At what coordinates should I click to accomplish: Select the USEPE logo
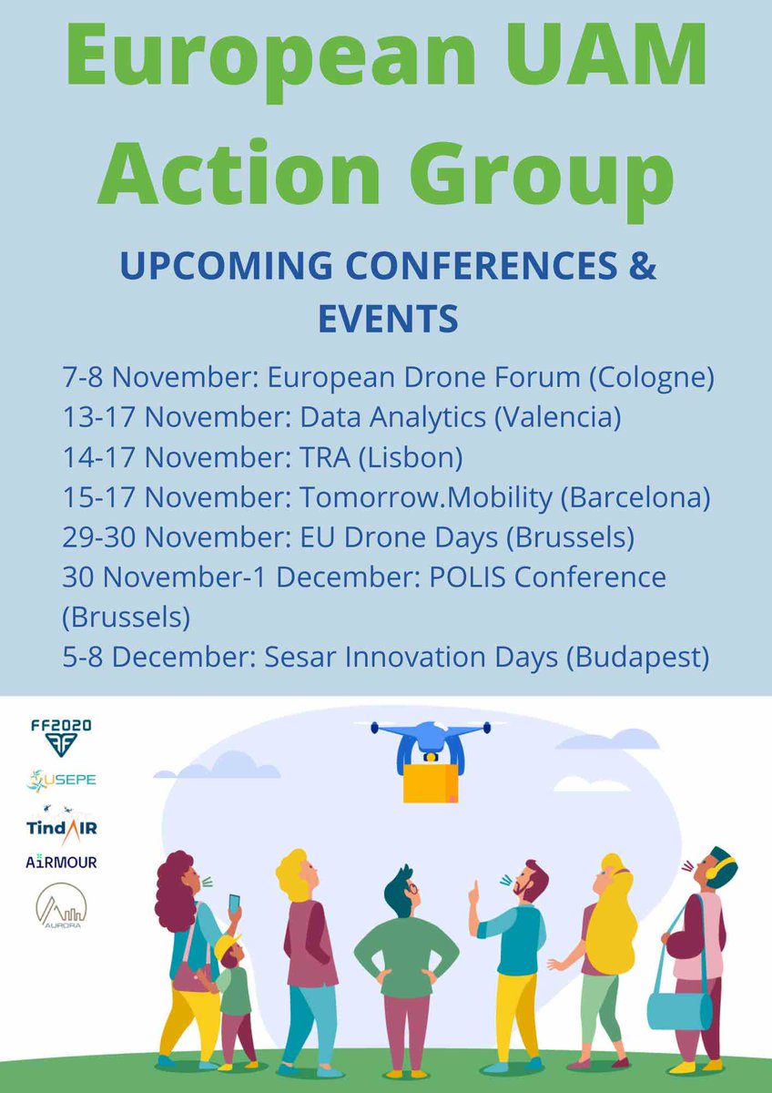(61, 781)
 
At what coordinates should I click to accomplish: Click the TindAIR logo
(61, 824)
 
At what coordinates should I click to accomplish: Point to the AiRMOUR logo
(61, 861)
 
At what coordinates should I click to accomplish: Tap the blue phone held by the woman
(235, 904)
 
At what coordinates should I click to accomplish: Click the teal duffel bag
(679, 1010)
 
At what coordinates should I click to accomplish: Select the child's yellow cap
(227, 947)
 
